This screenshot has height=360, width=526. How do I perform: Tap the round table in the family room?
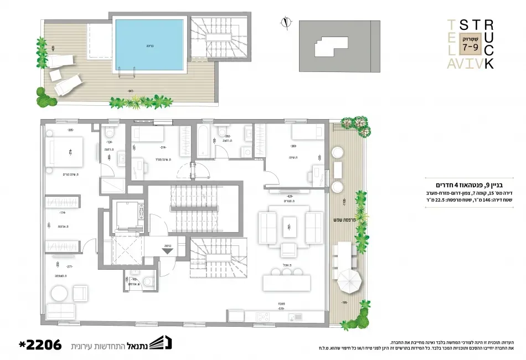pos(59,294)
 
